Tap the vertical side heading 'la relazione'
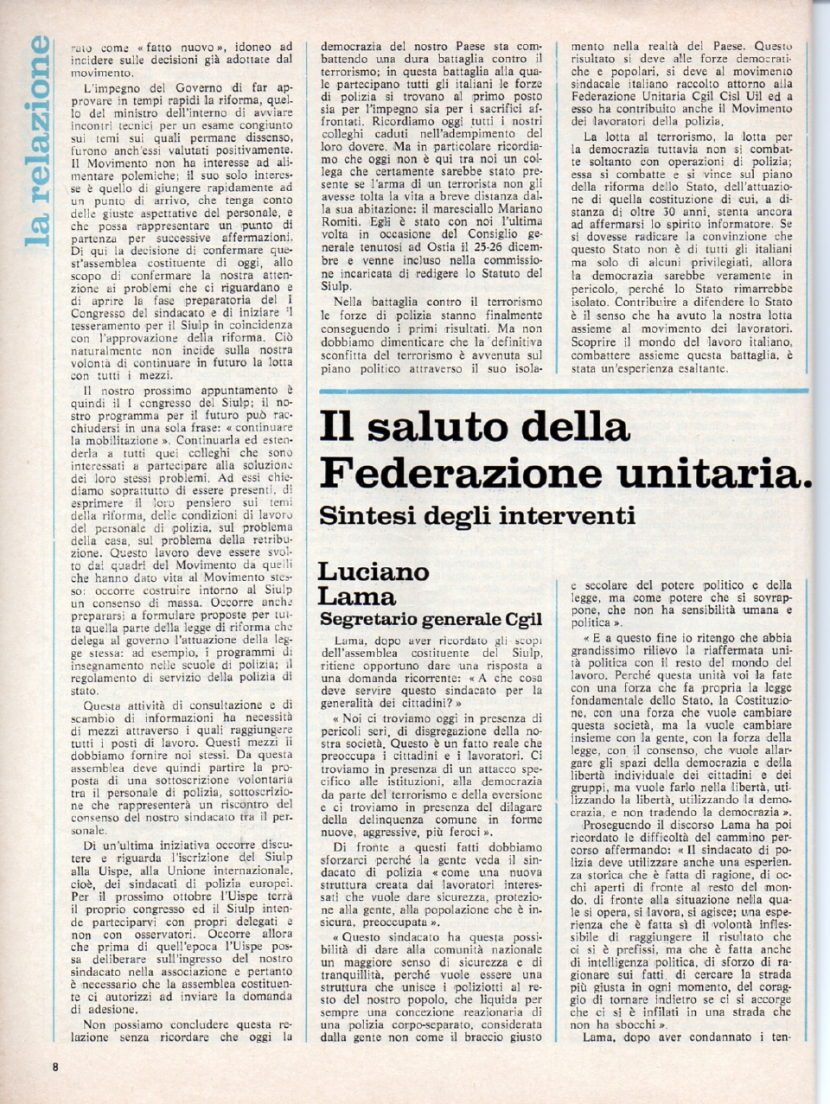(x=37, y=141)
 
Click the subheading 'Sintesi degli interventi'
(x=477, y=515)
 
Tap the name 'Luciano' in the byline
(x=373, y=571)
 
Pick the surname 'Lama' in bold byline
(x=357, y=596)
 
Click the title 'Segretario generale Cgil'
(x=431, y=619)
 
